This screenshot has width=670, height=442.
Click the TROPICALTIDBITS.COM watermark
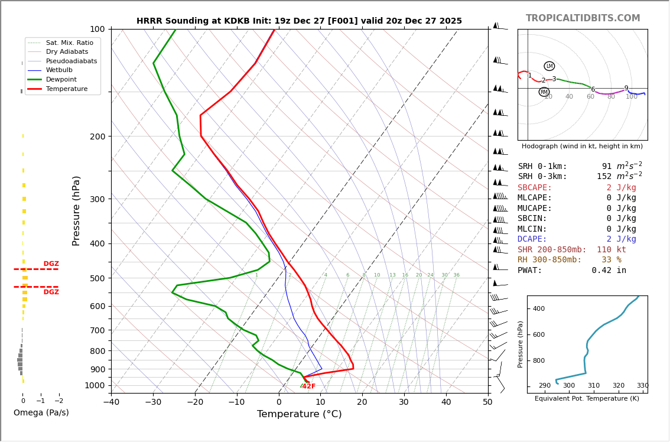583,18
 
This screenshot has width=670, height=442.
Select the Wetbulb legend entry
59,70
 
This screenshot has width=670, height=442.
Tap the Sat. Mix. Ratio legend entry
69,43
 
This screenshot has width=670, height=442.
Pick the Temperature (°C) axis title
299,415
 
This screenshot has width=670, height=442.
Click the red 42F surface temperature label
308,386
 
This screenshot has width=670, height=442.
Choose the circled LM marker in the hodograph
549,66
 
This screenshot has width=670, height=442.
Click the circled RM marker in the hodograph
544,92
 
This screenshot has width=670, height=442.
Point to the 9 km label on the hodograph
626,89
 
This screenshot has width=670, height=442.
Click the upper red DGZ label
51,264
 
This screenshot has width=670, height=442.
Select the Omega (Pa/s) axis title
41,413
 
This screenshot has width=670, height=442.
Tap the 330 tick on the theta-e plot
642,386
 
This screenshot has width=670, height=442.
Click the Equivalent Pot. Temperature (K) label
587,399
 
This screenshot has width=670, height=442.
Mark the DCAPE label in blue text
535,239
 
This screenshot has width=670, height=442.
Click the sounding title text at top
299,21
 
